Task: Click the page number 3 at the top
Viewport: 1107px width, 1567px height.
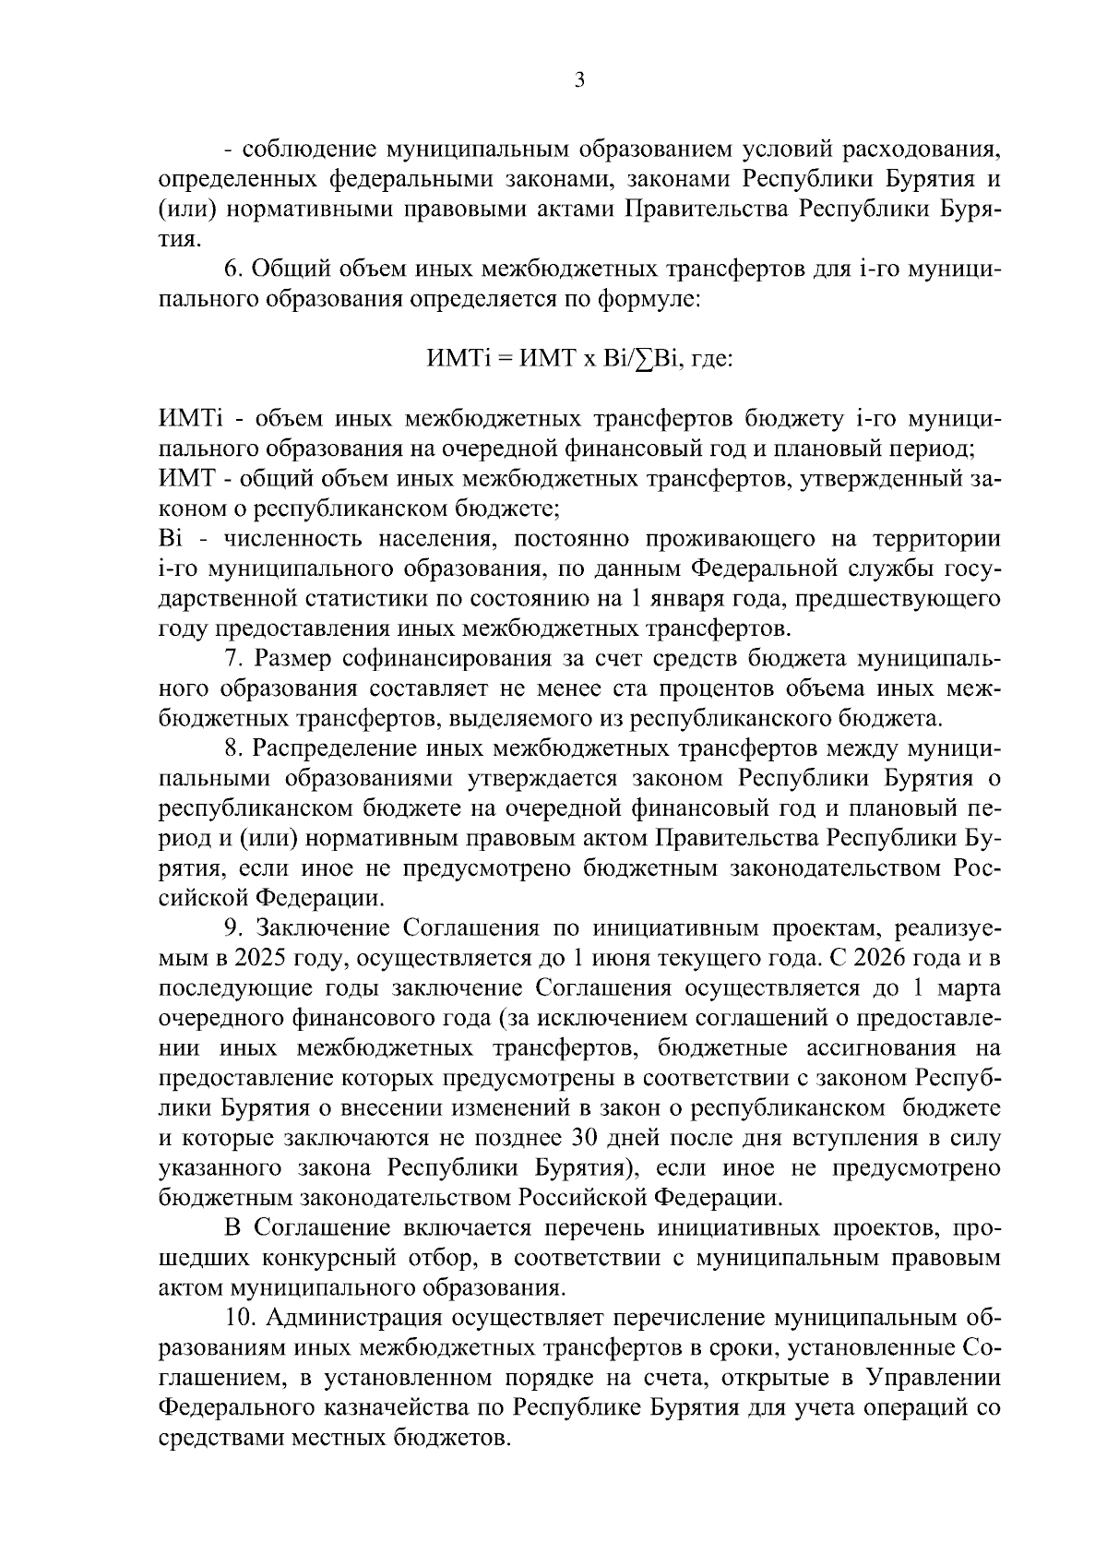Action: [x=578, y=80]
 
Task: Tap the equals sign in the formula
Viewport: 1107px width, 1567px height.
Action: [x=504, y=358]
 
